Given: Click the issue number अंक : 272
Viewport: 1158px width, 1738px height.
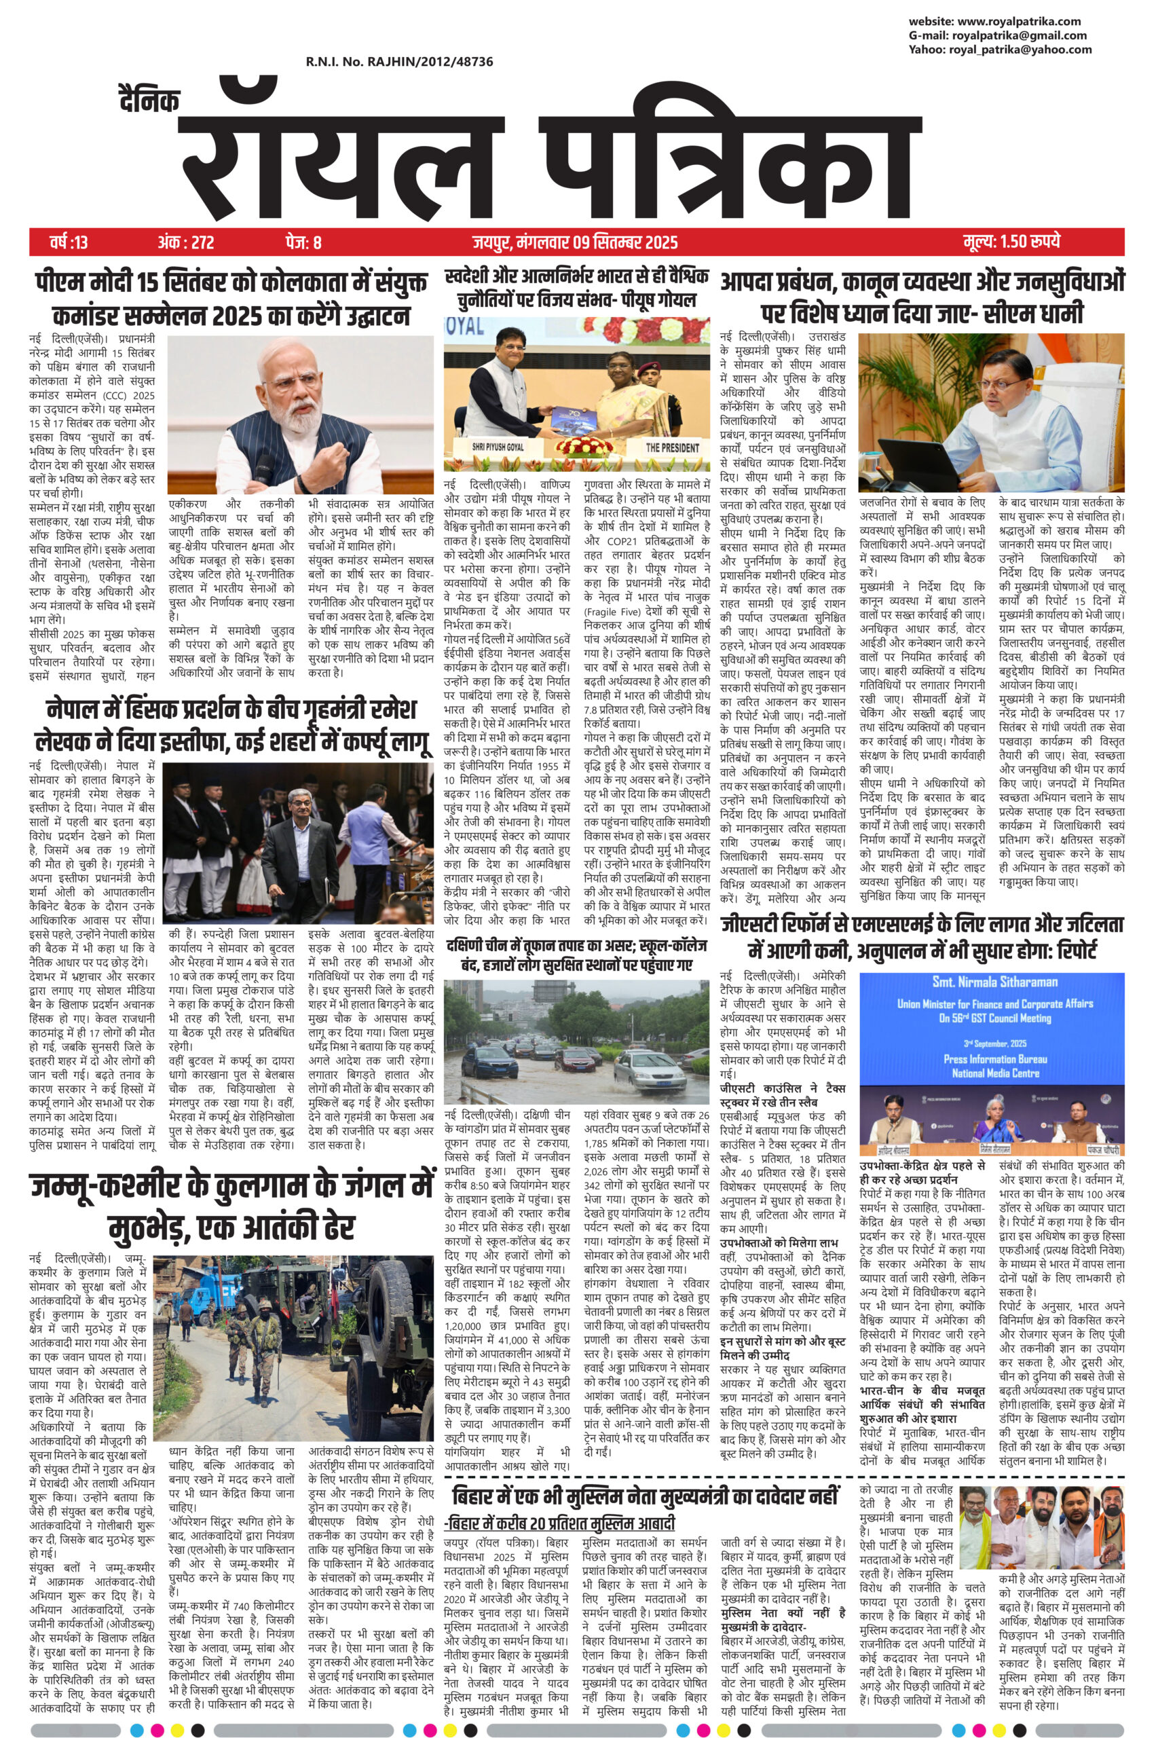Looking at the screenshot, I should point(185,242).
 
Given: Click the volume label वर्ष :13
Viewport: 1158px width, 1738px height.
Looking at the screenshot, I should point(69,242).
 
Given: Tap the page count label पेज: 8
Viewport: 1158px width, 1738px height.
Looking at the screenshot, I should point(303,242).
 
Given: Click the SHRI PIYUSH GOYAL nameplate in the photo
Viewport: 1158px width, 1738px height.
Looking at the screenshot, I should point(496,447).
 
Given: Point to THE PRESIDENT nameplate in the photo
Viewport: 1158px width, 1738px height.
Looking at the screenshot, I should point(672,447).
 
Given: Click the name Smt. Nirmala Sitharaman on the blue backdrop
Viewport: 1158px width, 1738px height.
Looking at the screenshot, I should point(995,982).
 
